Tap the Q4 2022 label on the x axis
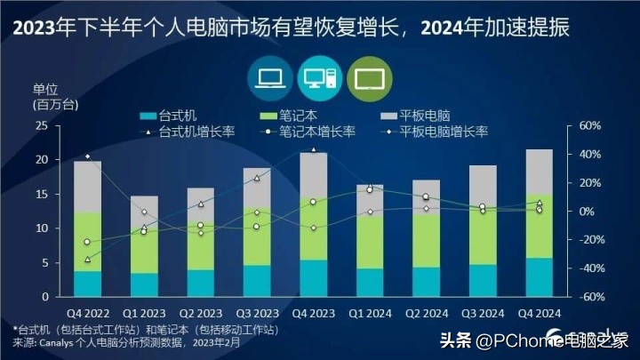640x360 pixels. (86, 312)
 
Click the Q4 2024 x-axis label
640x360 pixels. (538, 312)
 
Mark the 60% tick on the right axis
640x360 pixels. (590, 126)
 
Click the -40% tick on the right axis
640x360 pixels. (590, 268)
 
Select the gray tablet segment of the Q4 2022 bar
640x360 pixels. (87, 187)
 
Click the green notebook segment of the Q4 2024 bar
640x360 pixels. (539, 227)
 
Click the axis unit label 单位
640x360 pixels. (44, 89)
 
